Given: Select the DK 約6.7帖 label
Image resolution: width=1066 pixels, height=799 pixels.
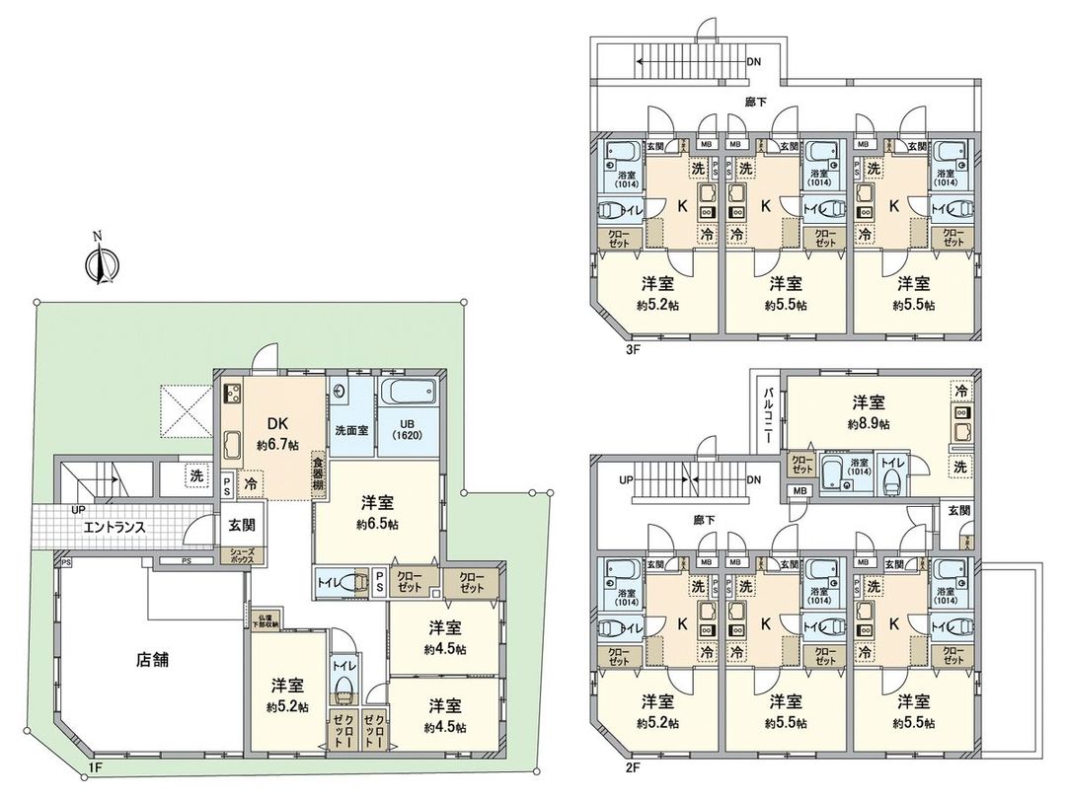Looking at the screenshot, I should tap(273, 434).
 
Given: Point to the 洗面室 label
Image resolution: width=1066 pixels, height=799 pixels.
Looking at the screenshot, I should tap(351, 430).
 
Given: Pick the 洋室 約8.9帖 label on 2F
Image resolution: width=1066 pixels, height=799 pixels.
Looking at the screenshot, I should tap(869, 412).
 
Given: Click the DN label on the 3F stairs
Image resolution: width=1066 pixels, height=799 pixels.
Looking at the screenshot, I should tap(754, 62).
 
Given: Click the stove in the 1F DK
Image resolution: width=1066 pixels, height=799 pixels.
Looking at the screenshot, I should tap(235, 395).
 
